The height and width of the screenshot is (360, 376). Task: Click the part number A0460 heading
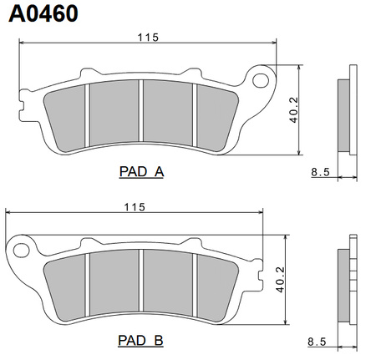[x=43, y=13]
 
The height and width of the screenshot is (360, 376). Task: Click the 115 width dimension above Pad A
[x=148, y=38]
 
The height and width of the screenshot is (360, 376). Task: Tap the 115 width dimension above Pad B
[x=135, y=207]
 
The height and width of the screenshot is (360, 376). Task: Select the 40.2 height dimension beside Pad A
[x=293, y=110]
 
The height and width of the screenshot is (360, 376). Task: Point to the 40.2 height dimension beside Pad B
[x=280, y=280]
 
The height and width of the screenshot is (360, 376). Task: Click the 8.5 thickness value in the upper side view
[x=320, y=172]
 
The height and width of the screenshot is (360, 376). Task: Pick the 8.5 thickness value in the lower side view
[x=317, y=342]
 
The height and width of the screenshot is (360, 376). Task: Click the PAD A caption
[x=141, y=171]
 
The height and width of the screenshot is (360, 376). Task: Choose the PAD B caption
[x=140, y=340]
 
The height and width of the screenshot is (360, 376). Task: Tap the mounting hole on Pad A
[x=261, y=80]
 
